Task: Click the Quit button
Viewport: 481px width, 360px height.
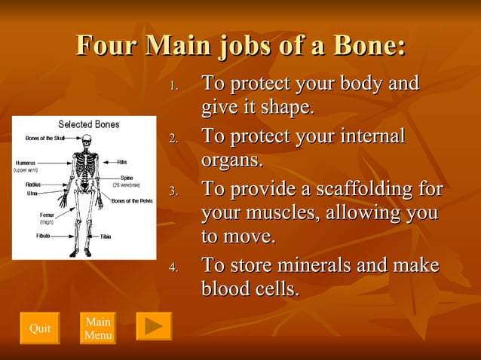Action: click(39, 328)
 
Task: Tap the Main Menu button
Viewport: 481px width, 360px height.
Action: click(98, 328)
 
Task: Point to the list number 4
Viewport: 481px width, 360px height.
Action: click(173, 268)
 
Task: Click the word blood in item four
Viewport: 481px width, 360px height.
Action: click(225, 288)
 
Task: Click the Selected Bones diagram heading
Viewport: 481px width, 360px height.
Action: click(88, 124)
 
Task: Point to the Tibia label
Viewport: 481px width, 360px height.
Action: click(106, 236)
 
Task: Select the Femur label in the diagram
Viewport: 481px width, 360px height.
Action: click(47, 215)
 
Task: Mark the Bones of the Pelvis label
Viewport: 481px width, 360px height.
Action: click(133, 201)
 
